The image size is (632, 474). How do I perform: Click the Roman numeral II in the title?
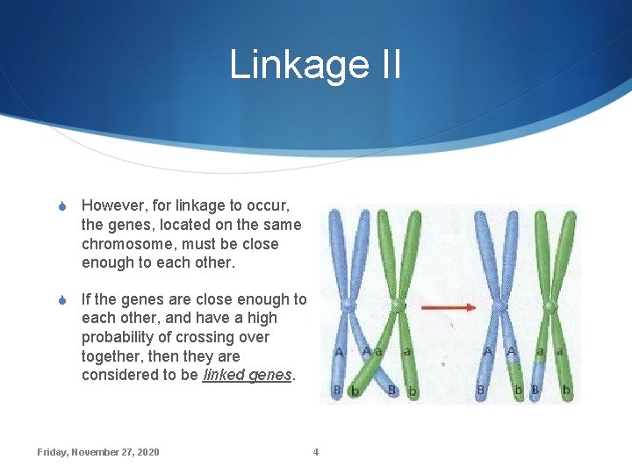coord(385,65)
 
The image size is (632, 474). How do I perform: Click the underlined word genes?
coord(272,376)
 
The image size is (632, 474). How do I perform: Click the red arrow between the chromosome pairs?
coord(449,307)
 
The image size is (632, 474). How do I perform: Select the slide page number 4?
coord(316,452)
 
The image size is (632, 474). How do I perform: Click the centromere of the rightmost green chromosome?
coord(550,306)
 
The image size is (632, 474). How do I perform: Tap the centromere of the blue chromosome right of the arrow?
coord(499,306)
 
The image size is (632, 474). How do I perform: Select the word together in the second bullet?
coord(112,356)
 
